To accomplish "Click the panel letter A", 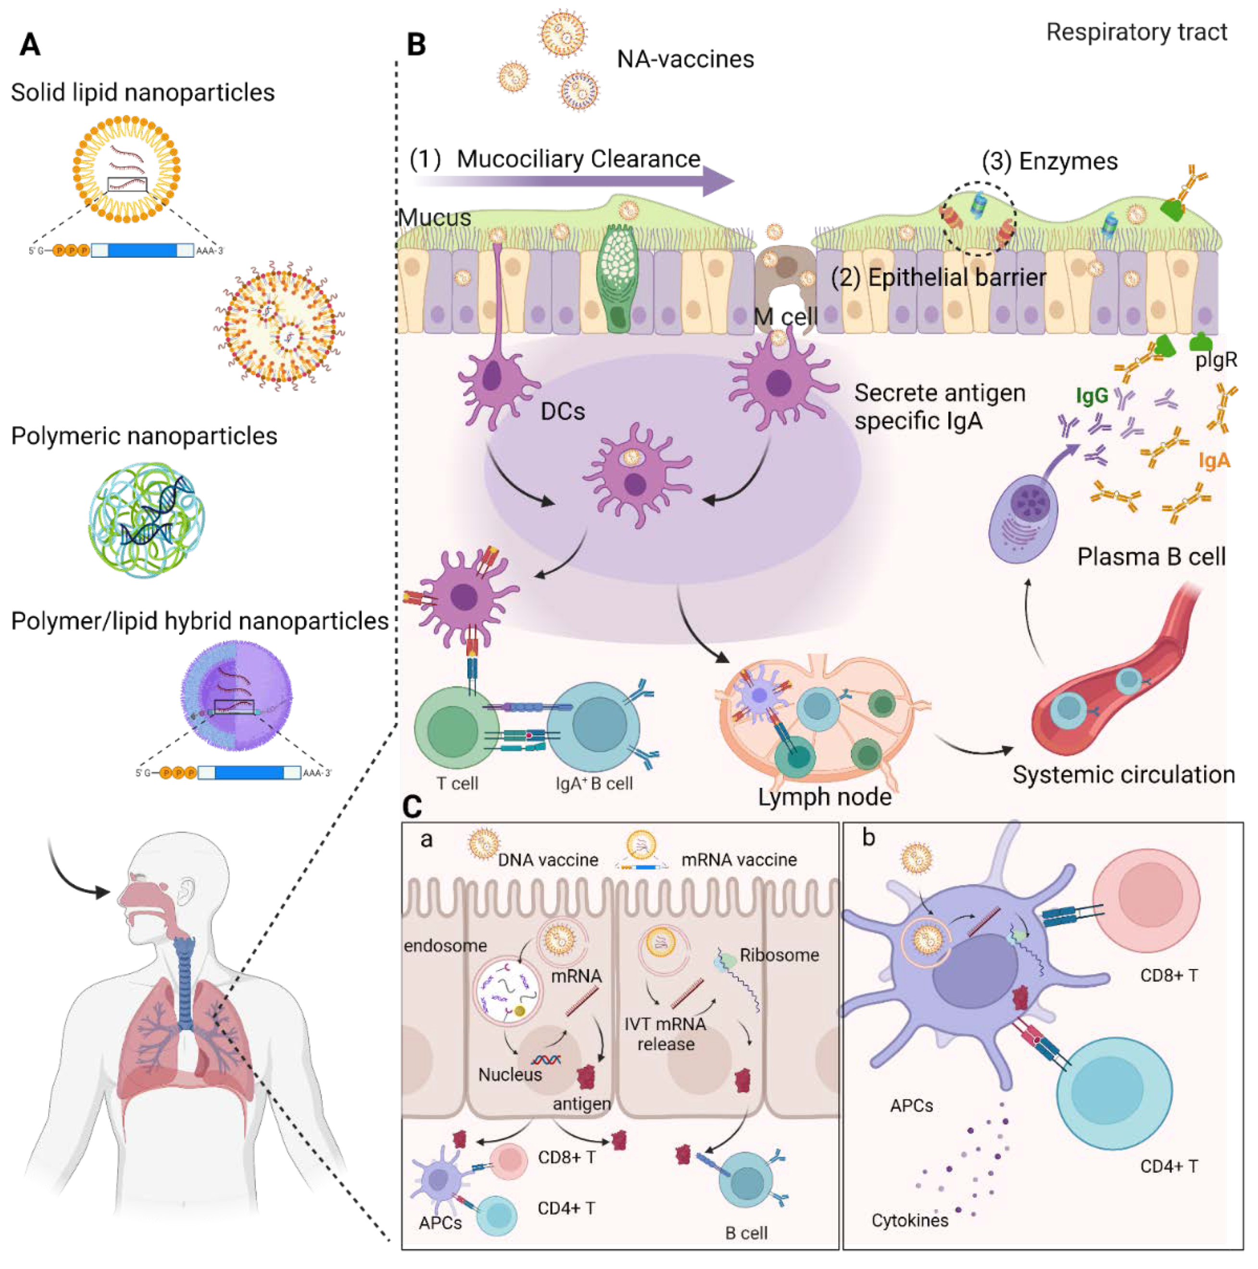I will [x=29, y=45].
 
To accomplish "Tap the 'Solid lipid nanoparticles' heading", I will [x=142, y=93].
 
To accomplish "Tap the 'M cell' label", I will [x=784, y=316].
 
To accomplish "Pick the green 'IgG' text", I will [x=1091, y=395].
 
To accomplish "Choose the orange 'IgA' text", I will [x=1213, y=461].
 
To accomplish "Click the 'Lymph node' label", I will [x=824, y=797].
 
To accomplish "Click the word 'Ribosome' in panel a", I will [x=779, y=955].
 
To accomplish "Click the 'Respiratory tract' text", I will [x=1136, y=32].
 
